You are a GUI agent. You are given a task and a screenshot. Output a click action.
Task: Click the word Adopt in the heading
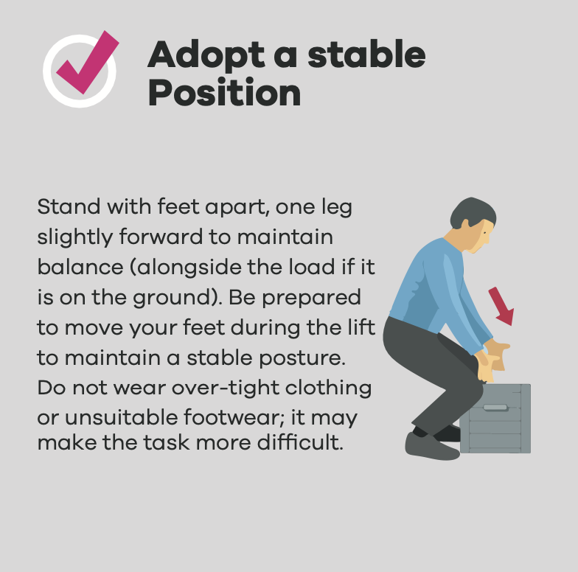point(206,55)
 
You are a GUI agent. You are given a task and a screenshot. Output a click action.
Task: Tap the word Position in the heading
point(224,92)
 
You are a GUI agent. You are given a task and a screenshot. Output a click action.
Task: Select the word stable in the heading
point(366,54)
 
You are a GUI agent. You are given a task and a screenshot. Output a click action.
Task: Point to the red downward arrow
point(501,306)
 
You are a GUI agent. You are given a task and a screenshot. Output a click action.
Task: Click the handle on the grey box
point(495,407)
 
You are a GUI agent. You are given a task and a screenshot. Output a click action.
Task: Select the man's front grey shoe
point(431,447)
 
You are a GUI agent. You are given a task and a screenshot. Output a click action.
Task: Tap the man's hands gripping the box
point(492,361)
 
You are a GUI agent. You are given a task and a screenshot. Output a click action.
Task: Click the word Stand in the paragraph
point(69,206)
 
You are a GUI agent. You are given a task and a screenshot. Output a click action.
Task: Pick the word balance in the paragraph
point(80,267)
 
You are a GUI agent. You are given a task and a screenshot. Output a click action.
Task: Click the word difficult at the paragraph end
point(300,442)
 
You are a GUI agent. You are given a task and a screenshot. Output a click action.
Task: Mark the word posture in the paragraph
point(302,358)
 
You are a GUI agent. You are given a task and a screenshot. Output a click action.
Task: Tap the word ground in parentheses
point(173,298)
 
